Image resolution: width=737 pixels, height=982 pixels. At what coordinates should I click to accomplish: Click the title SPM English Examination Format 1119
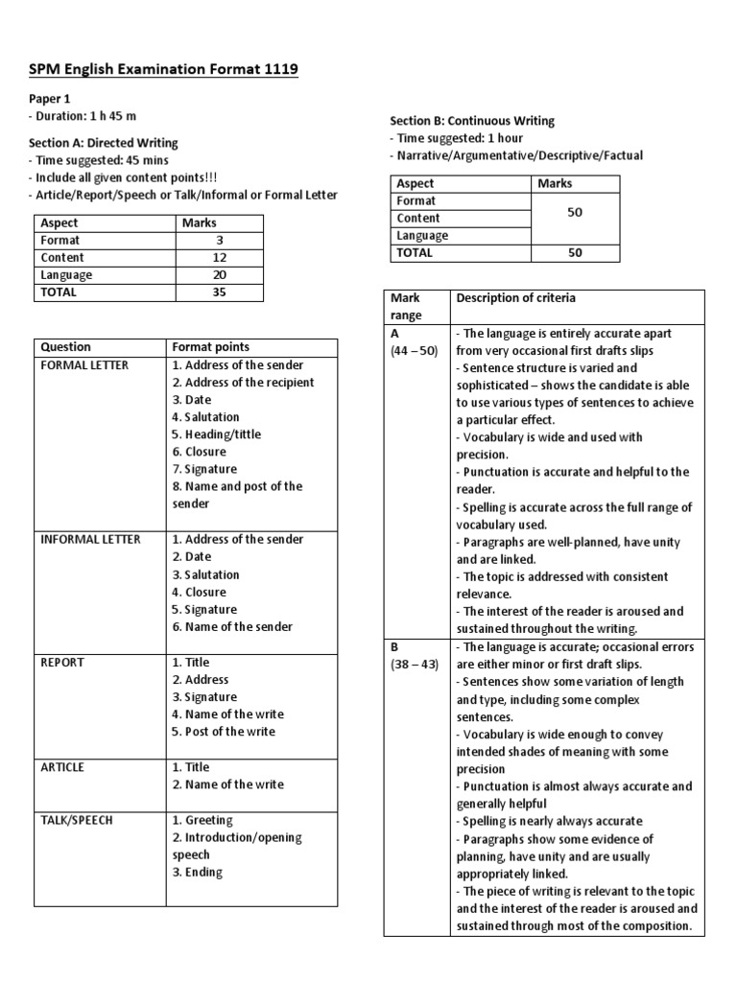click(x=163, y=69)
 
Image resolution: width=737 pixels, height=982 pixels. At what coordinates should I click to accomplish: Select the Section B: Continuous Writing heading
click(x=472, y=121)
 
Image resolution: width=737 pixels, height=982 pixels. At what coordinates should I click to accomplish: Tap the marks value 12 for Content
click(x=219, y=258)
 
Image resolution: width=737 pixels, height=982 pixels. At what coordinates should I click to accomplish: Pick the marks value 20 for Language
click(x=219, y=275)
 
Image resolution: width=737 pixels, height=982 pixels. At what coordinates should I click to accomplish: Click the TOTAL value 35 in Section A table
click(x=219, y=292)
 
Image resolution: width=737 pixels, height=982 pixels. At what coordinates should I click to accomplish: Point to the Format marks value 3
click(x=219, y=241)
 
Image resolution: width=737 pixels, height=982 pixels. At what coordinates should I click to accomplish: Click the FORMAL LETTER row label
click(x=84, y=365)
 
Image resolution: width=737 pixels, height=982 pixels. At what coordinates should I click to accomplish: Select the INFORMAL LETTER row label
click(x=90, y=539)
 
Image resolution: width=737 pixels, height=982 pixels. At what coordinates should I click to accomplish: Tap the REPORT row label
click(x=62, y=663)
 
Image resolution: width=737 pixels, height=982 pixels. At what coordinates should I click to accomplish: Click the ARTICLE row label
click(x=62, y=767)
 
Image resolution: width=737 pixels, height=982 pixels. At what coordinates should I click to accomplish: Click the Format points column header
click(x=210, y=347)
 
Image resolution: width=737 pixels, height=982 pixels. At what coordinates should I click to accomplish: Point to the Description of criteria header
click(x=516, y=298)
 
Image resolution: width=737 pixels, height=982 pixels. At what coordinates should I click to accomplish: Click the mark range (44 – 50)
click(x=414, y=351)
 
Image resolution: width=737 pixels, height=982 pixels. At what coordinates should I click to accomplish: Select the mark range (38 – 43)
click(x=414, y=665)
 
